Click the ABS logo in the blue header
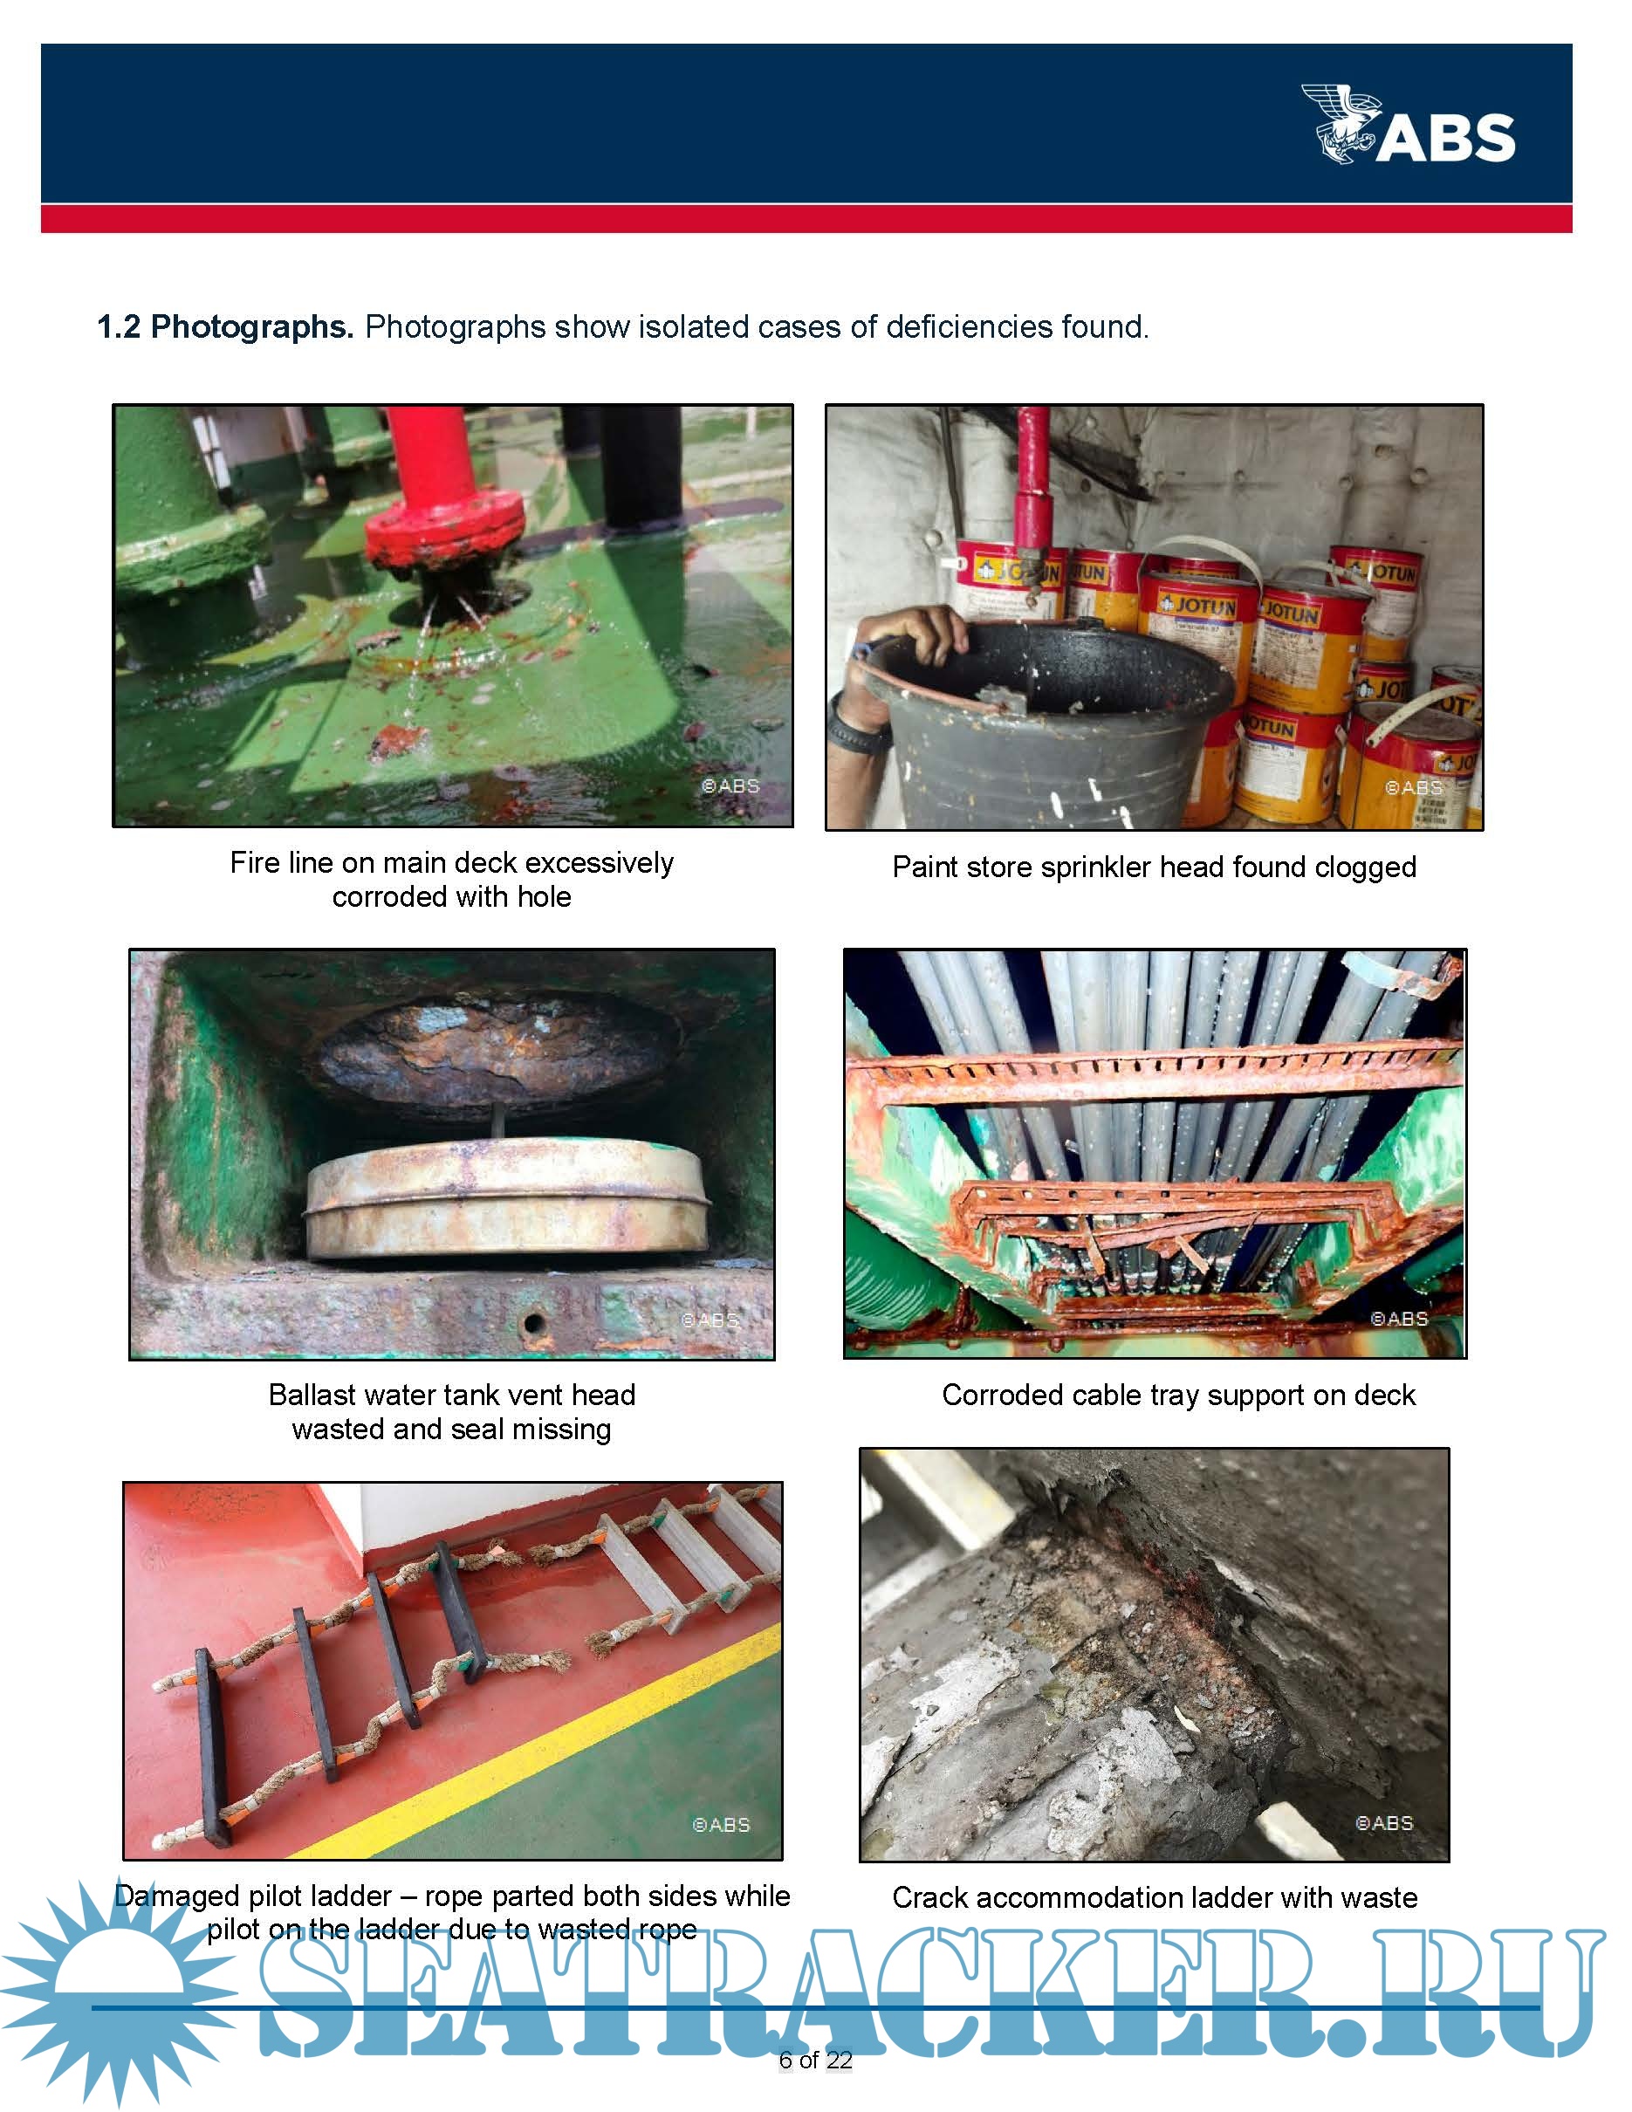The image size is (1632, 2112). (x=1408, y=124)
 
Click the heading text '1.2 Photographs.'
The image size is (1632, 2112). (x=225, y=327)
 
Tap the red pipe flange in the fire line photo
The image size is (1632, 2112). (x=445, y=529)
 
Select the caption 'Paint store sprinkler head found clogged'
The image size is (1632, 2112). (x=1155, y=867)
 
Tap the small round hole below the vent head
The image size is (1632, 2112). (x=532, y=1321)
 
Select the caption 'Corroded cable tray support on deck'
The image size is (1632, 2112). (x=1178, y=1395)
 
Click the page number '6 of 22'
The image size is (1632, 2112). (x=816, y=2060)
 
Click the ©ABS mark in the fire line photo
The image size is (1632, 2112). (x=731, y=786)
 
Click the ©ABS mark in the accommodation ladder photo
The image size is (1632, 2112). (x=1384, y=1823)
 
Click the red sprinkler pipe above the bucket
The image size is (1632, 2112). (x=1033, y=483)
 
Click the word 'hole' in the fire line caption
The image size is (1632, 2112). (x=545, y=896)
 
